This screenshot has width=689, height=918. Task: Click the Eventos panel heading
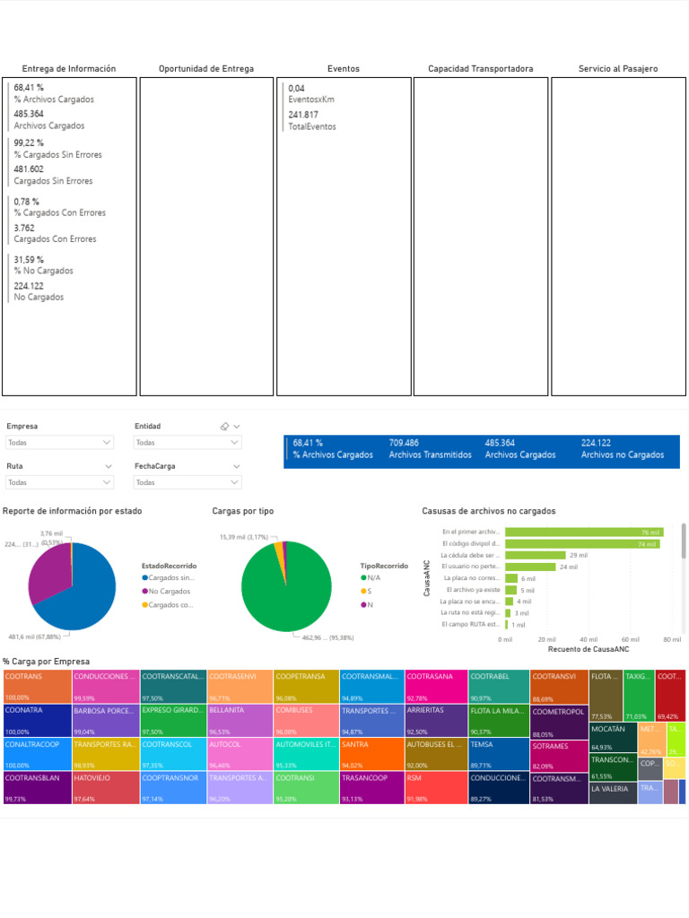pyautogui.click(x=344, y=69)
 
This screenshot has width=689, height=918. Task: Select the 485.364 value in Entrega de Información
pyautogui.click(x=29, y=114)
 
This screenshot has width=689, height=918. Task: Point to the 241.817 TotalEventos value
pyautogui.click(x=303, y=115)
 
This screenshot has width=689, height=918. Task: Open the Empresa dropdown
pyautogui.click(x=60, y=443)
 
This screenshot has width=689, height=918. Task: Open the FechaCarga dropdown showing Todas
pyautogui.click(x=188, y=482)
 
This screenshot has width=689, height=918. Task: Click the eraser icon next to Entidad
pyautogui.click(x=224, y=427)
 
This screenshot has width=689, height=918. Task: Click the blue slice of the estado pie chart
pyautogui.click(x=85, y=592)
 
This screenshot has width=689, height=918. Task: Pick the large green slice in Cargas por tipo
pyautogui.click(x=287, y=592)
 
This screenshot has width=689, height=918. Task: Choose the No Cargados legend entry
pyautogui.click(x=169, y=592)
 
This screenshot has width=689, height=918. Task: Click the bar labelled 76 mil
pyautogui.click(x=583, y=533)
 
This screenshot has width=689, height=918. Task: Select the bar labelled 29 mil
pyautogui.click(x=535, y=555)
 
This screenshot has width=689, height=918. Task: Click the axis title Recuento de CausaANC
pyautogui.click(x=589, y=649)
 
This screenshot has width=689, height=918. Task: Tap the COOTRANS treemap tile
pyautogui.click(x=37, y=686)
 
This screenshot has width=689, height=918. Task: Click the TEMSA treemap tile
pyautogui.click(x=498, y=754)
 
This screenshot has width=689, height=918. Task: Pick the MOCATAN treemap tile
pyautogui.click(x=612, y=737)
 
